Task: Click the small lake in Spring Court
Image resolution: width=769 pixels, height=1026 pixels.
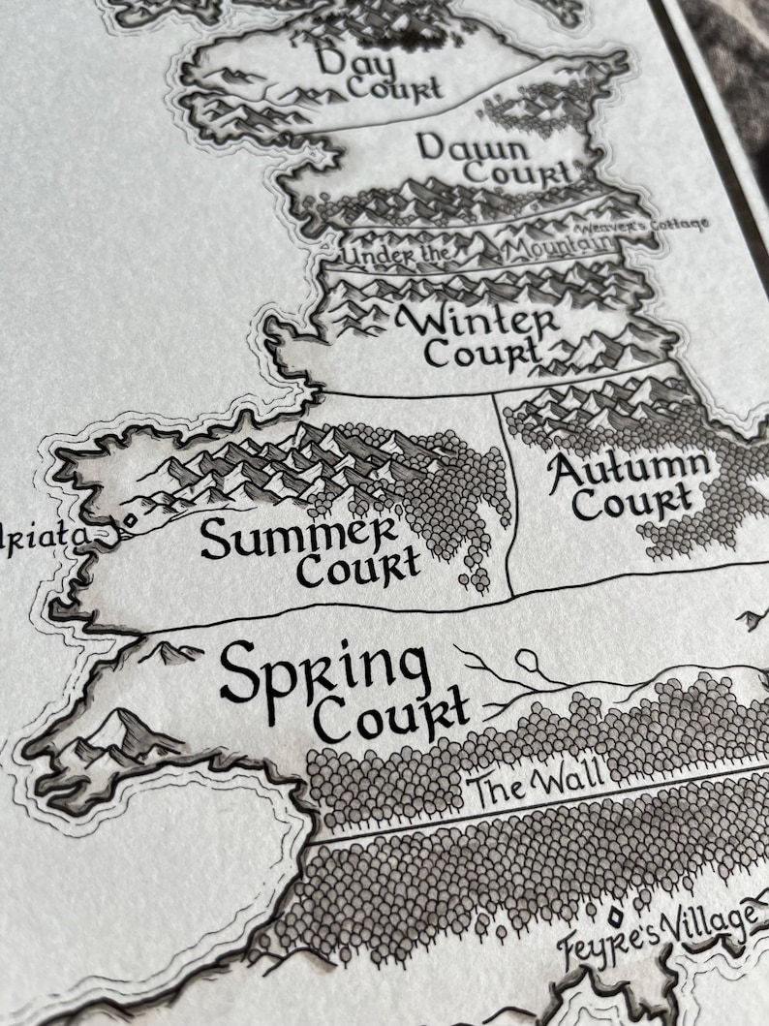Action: pyautogui.click(x=529, y=661)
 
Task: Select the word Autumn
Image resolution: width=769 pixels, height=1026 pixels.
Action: pyautogui.click(x=629, y=471)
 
